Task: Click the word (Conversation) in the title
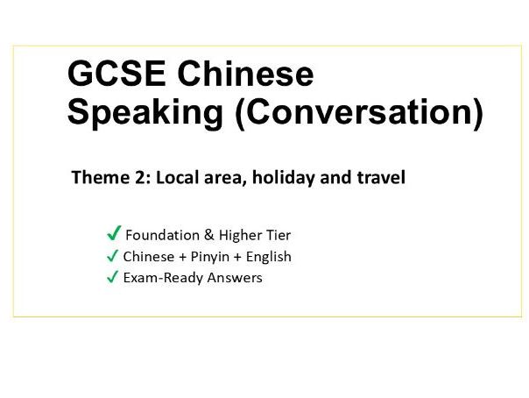(358, 115)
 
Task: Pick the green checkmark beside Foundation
(113, 234)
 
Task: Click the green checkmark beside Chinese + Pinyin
(112, 256)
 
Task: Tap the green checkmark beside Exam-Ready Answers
(112, 278)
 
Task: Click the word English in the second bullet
(266, 257)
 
